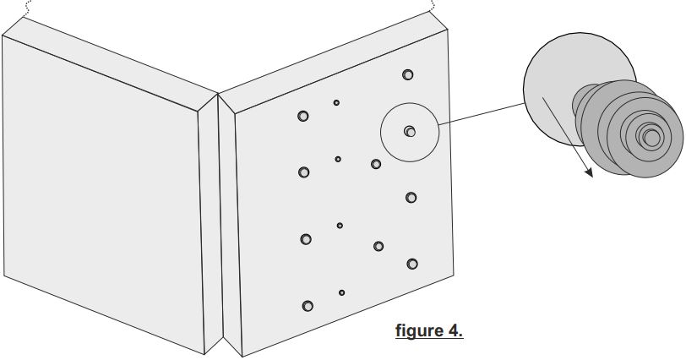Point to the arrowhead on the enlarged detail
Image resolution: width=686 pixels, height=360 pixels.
(588, 172)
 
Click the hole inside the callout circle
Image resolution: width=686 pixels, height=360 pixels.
(410, 131)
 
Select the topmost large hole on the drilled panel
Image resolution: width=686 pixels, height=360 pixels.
(408, 75)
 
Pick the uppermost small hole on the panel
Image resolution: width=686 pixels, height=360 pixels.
(336, 102)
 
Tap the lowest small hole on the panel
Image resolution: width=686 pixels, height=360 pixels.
(341, 292)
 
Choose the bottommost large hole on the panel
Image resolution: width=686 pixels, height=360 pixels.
(307, 304)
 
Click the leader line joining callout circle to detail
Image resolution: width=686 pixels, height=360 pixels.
(482, 113)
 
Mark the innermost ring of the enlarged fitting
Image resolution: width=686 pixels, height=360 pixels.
(651, 136)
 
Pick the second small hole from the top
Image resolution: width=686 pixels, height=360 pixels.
(338, 159)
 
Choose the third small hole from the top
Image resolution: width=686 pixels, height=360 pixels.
(340, 226)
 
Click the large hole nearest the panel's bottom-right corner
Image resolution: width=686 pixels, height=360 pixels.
(412, 264)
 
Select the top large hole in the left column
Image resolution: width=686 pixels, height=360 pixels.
(303, 116)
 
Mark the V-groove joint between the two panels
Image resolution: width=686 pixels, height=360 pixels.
(218, 220)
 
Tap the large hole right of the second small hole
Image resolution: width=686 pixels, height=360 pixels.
(376, 164)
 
